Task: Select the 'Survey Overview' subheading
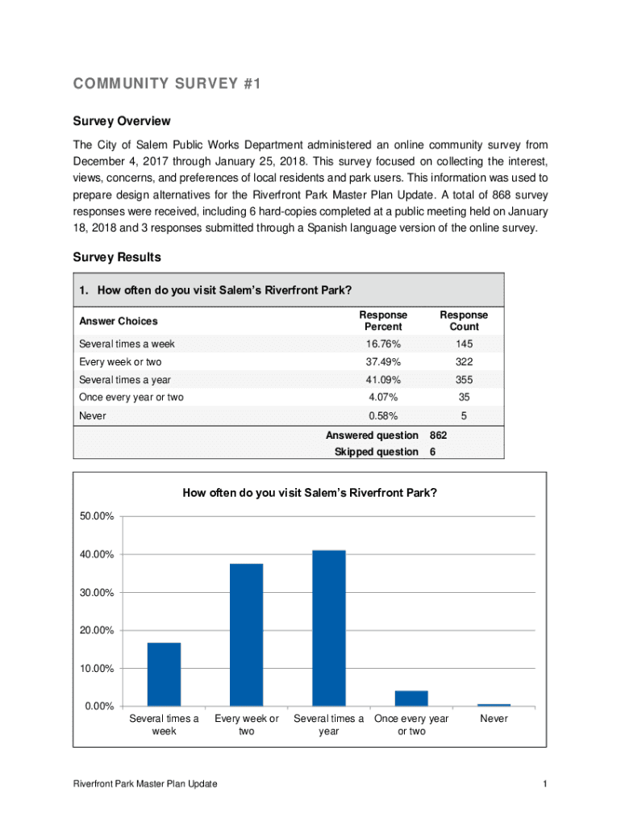pos(122,121)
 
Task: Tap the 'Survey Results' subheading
pos(117,257)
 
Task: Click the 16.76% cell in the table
pos(383,344)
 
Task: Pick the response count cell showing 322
pos(464,362)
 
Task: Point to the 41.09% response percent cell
pos(383,380)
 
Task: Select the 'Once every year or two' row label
pos(131,397)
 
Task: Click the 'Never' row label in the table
pos(92,416)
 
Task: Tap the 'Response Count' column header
pos(464,321)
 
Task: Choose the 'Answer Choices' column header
pos(119,321)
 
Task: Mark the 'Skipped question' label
pos(376,453)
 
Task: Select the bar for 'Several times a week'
pos(164,674)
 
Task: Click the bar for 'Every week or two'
pos(246,635)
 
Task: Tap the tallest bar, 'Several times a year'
pos(328,628)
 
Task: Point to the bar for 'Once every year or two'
pos(411,698)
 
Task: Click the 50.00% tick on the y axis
pos(96,516)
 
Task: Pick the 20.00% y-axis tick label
pos(96,630)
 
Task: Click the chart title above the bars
pos(310,494)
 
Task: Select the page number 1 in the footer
pos(546,785)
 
